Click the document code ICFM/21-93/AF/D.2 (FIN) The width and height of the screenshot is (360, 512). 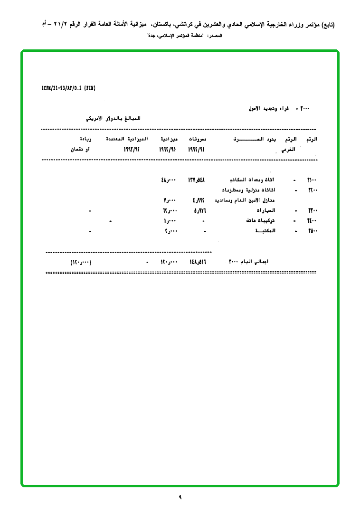point(69,88)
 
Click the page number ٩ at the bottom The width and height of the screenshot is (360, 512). point(180,497)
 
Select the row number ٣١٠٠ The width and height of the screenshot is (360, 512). point(312,180)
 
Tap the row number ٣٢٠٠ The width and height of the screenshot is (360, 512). point(312,190)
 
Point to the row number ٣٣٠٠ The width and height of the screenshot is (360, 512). point(312,210)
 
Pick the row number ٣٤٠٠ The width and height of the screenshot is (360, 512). point(312,221)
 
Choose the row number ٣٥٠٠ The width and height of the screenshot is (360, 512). point(312,231)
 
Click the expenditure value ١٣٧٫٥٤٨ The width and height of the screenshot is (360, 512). point(199,180)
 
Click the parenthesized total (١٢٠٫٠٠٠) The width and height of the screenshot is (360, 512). point(80,262)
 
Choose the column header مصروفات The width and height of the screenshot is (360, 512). point(200,139)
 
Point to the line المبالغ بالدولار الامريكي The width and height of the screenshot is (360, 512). point(114,118)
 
